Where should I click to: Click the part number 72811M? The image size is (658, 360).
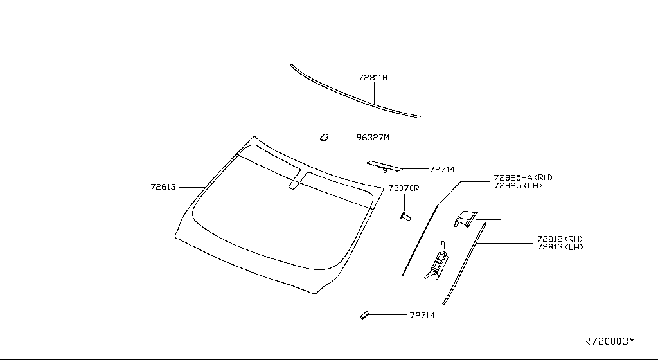(373, 78)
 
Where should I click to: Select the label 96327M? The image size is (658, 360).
(373, 137)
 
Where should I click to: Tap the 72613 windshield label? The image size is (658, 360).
(163, 186)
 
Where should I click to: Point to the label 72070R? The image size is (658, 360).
(404, 188)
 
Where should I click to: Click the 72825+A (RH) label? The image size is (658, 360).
(523, 177)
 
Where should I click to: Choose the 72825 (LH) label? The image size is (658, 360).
(518, 185)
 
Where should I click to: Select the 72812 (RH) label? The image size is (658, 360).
(560, 239)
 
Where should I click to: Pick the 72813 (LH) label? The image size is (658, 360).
(560, 247)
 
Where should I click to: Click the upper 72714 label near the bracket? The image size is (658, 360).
(442, 170)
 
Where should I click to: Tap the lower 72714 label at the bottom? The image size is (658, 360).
(422, 315)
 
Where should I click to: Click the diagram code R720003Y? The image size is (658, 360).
(609, 341)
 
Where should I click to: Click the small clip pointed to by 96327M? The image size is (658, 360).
(324, 137)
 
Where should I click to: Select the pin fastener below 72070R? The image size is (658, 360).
(405, 217)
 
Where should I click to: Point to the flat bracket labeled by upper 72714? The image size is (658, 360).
(384, 166)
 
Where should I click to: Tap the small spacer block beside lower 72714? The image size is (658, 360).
(364, 315)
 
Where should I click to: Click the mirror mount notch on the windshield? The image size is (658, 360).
(294, 184)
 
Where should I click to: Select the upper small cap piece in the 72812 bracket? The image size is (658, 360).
(465, 218)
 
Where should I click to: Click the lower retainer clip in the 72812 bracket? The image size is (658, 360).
(437, 262)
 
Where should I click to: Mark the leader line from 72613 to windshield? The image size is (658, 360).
(191, 187)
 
